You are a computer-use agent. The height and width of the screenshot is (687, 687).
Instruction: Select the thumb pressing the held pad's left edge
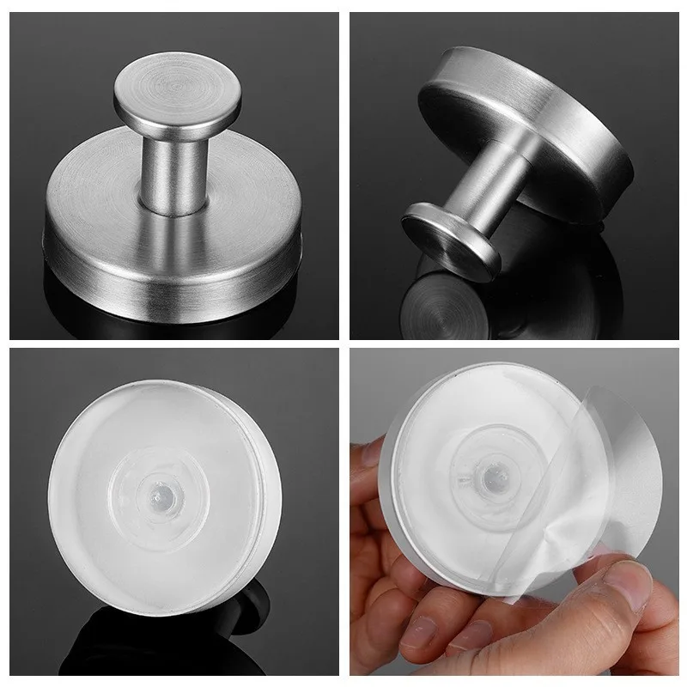click(378, 481)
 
